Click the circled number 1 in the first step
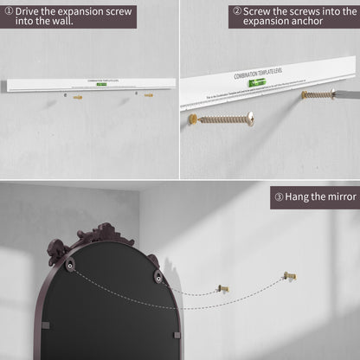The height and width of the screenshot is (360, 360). [x=9, y=10]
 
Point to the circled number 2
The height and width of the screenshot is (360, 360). [x=237, y=12]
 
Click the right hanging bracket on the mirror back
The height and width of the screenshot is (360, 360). [x=157, y=277]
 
